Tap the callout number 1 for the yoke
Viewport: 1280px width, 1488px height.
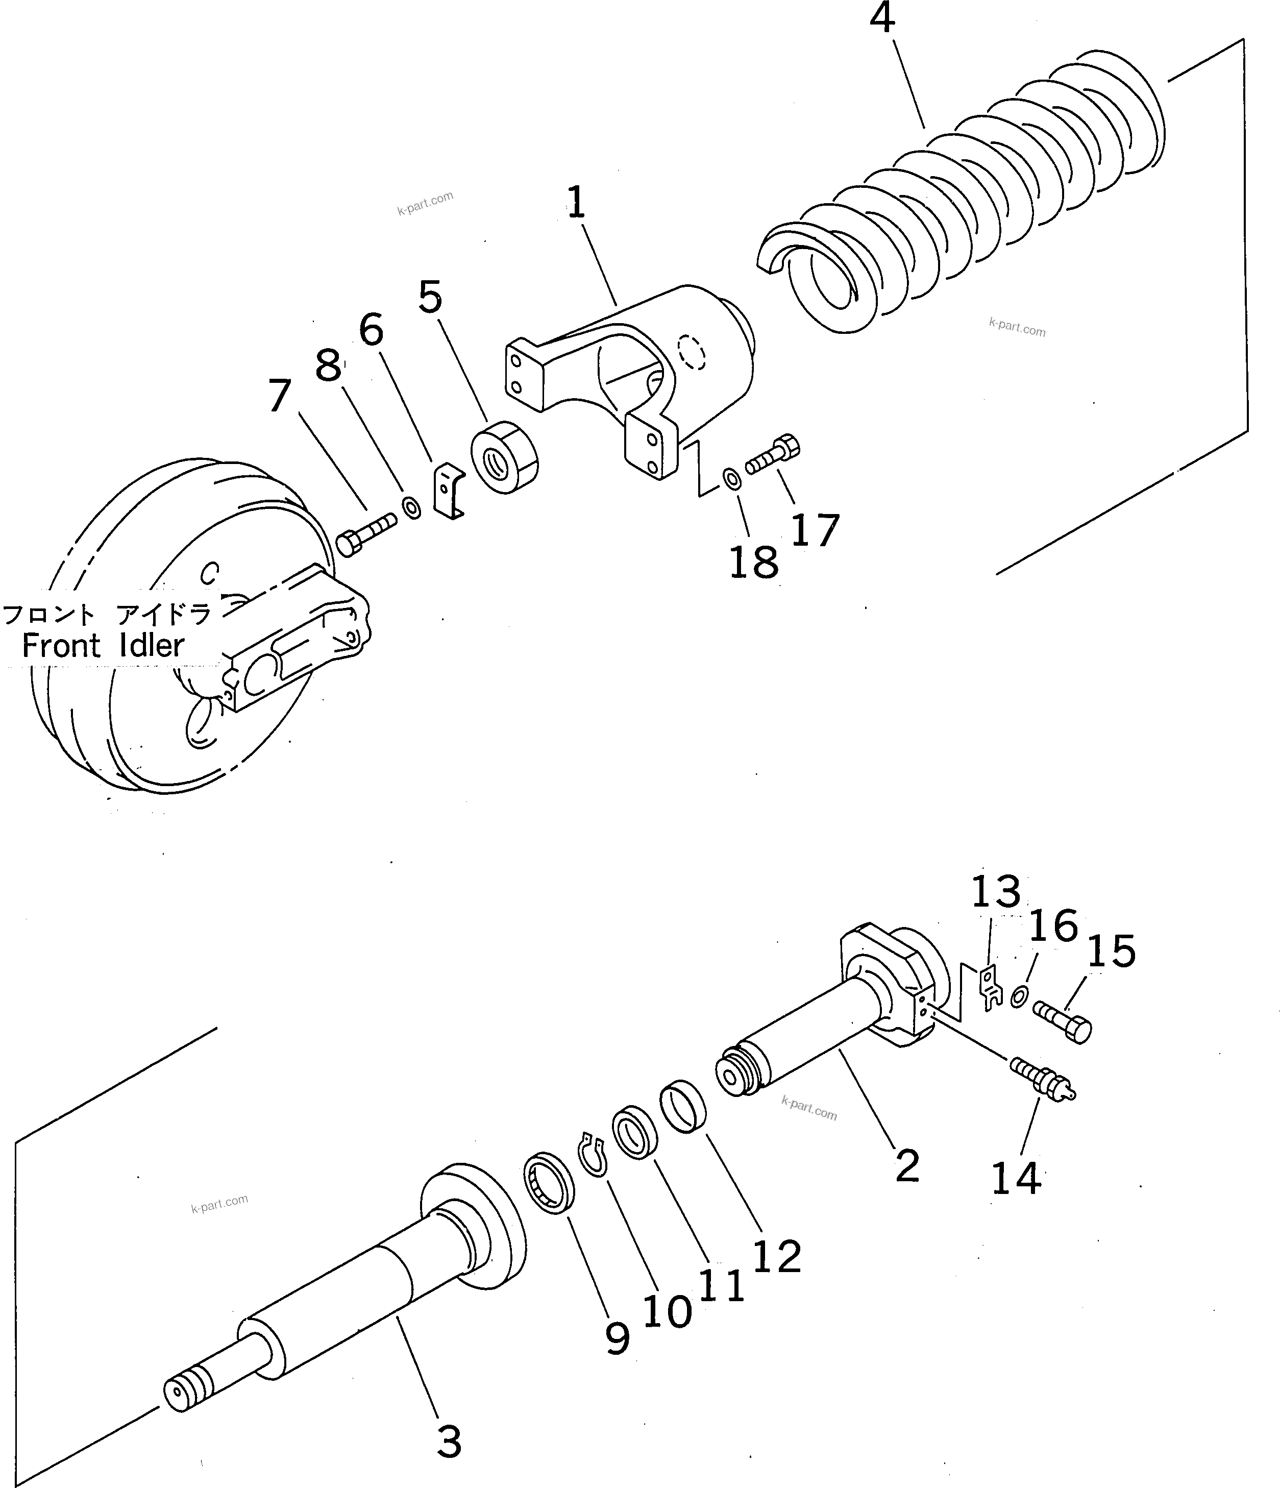(576, 203)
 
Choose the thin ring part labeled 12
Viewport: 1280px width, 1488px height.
(683, 1107)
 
